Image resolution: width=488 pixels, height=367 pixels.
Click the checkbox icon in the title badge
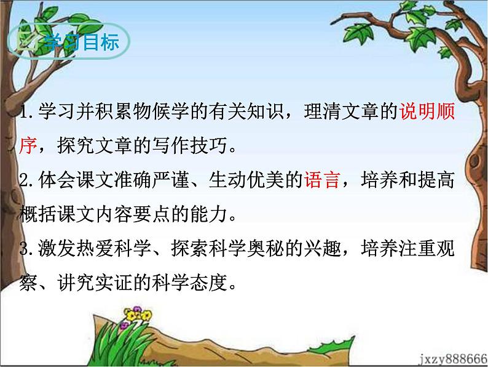(26, 44)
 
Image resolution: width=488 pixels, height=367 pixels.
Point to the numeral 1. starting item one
(26, 114)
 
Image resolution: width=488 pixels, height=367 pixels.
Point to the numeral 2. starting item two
(26, 182)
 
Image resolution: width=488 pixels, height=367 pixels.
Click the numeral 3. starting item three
(26, 250)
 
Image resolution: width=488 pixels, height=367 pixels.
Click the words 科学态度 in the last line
(203, 284)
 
